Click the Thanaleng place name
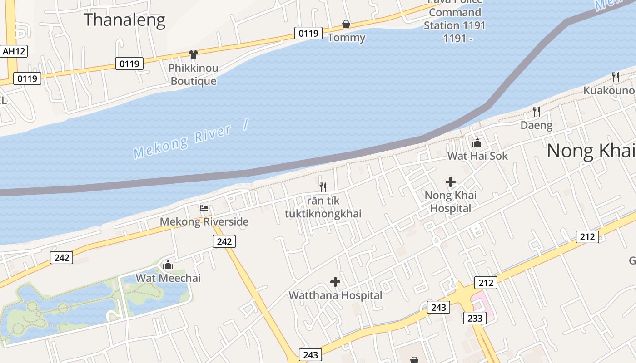[124, 20]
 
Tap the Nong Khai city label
[591, 151]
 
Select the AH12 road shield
[14, 51]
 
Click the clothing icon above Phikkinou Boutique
[194, 54]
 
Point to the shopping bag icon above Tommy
[346, 24]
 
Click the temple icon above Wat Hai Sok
[477, 142]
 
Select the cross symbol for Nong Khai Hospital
[451, 182]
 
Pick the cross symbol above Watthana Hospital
[335, 282]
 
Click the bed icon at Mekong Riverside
[204, 208]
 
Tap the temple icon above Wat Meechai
[168, 265]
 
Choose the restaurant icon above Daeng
[537, 111]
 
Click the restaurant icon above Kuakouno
[616, 77]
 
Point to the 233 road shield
[475, 318]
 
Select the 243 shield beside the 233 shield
[438, 307]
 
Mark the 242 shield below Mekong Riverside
[224, 241]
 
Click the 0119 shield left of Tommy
[308, 33]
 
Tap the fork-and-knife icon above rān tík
[323, 187]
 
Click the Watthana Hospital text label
[335, 295]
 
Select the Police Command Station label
[455, 19]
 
